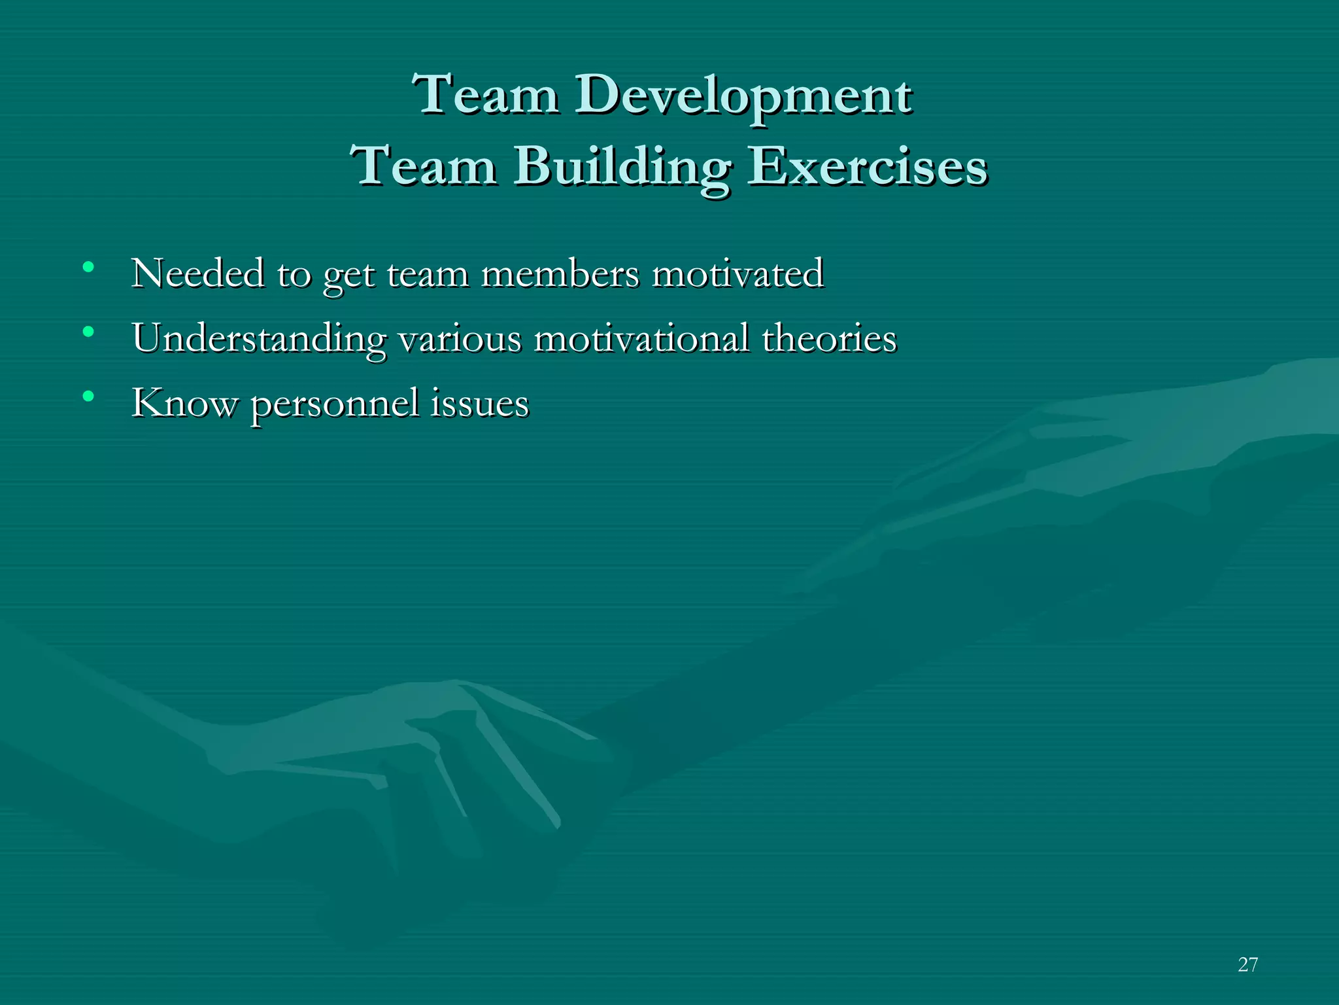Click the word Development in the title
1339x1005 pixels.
coord(743,96)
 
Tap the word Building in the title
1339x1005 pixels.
coord(622,167)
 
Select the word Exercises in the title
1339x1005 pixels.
coord(867,166)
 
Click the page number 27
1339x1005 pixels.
coord(1247,964)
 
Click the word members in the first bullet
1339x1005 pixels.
coord(560,273)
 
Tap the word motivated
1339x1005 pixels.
coord(738,273)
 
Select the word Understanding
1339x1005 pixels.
coord(259,339)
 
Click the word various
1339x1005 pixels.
coord(460,339)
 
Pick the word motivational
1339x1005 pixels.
coord(641,339)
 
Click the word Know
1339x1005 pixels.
coord(184,403)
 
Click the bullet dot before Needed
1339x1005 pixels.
coord(88,268)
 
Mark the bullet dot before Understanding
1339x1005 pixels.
coord(88,332)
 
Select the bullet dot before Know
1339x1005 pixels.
coord(88,397)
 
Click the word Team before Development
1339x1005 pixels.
coord(485,95)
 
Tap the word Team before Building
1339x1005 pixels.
coord(423,166)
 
